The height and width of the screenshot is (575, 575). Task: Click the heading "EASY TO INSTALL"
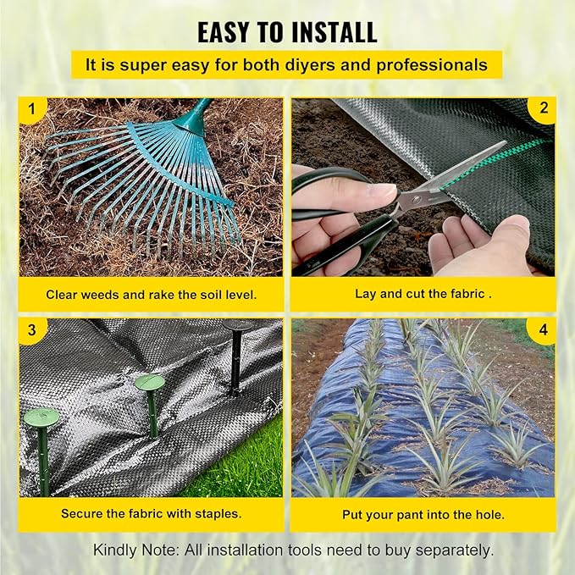pyautogui.click(x=287, y=32)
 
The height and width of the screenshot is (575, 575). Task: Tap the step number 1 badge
pyautogui.click(x=32, y=110)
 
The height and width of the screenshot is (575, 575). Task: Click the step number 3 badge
pyautogui.click(x=32, y=329)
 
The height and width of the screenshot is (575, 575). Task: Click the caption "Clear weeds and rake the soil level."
pyautogui.click(x=151, y=295)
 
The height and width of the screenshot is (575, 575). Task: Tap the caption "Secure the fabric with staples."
pyautogui.click(x=151, y=514)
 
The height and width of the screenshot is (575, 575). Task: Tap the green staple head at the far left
pyautogui.click(x=41, y=417)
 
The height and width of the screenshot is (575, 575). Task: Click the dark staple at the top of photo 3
pyautogui.click(x=238, y=327)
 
